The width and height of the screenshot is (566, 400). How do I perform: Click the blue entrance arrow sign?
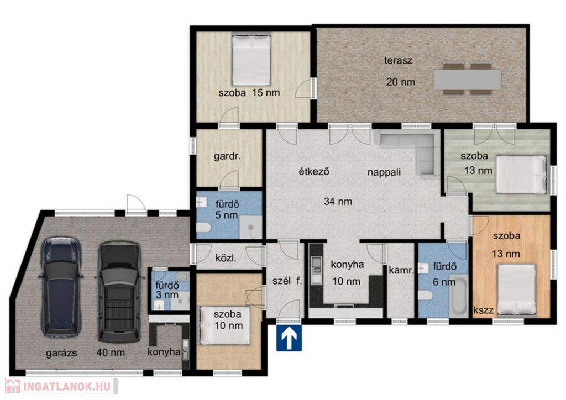[289, 338]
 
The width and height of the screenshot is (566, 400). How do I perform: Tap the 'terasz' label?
[398, 60]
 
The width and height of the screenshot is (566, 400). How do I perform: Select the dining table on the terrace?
[467, 80]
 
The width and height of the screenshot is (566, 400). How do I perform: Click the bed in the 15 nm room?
[251, 60]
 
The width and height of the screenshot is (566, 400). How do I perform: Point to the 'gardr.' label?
[227, 156]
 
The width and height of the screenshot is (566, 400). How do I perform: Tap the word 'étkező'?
[314, 171]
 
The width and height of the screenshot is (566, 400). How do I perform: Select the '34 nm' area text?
[338, 201]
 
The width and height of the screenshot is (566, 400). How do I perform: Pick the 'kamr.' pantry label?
[401, 270]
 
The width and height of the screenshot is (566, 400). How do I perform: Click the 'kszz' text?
[483, 310]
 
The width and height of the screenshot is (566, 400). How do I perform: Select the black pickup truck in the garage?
[119, 291]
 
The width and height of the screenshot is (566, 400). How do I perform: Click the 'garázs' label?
[61, 352]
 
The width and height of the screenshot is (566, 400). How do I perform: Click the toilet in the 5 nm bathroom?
[203, 228]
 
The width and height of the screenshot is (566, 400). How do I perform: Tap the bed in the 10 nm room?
[226, 325]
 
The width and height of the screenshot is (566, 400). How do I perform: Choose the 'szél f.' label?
[287, 281]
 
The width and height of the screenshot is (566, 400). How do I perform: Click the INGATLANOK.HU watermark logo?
[61, 386]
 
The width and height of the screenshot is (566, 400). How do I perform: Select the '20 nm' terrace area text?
[401, 82]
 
